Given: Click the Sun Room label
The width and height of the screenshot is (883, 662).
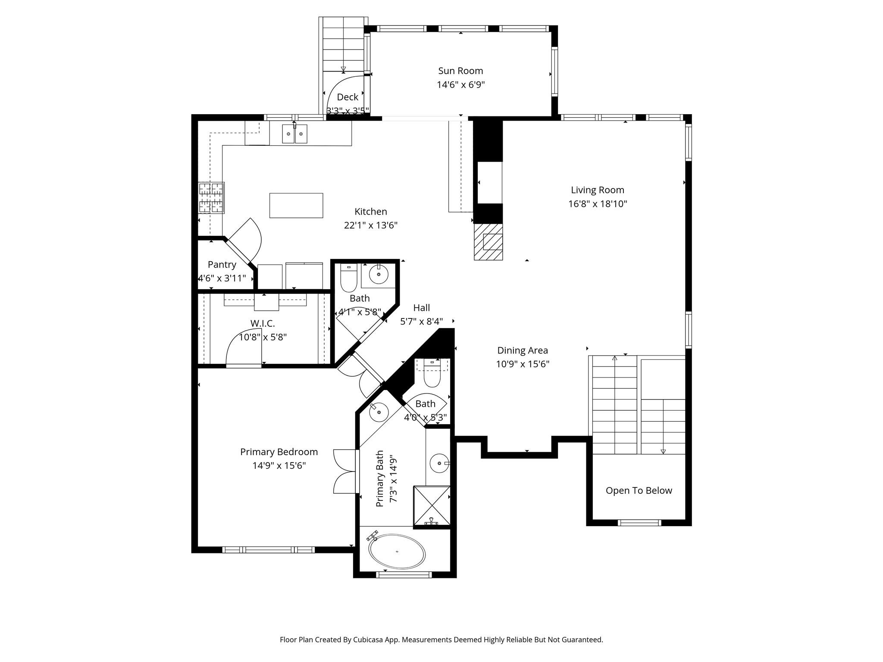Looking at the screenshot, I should (x=460, y=71).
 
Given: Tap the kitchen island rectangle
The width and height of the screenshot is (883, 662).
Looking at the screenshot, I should (x=296, y=206).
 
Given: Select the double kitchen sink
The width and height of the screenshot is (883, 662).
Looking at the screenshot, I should (x=295, y=134).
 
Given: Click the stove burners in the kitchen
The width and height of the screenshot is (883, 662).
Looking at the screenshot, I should (x=211, y=198).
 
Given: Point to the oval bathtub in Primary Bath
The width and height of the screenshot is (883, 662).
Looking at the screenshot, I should (x=397, y=552).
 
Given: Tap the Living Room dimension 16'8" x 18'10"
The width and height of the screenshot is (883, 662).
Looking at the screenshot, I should (x=597, y=204).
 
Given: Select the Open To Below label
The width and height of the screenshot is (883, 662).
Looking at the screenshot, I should (x=639, y=490).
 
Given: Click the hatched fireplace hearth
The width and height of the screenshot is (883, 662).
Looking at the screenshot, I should (x=488, y=242).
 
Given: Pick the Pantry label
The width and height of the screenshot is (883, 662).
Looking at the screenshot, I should (x=222, y=265).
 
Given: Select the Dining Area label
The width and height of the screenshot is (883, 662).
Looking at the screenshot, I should (x=522, y=350).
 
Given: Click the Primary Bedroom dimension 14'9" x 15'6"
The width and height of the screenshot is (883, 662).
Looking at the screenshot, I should (x=279, y=465).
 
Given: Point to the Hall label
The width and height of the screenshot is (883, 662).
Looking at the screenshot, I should (x=421, y=308).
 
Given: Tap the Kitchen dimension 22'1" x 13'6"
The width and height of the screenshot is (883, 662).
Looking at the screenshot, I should (x=370, y=225).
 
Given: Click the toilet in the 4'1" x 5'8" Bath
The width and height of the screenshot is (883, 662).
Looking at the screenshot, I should (x=349, y=278).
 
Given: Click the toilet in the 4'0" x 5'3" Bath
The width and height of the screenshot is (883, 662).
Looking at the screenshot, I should (x=432, y=375).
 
